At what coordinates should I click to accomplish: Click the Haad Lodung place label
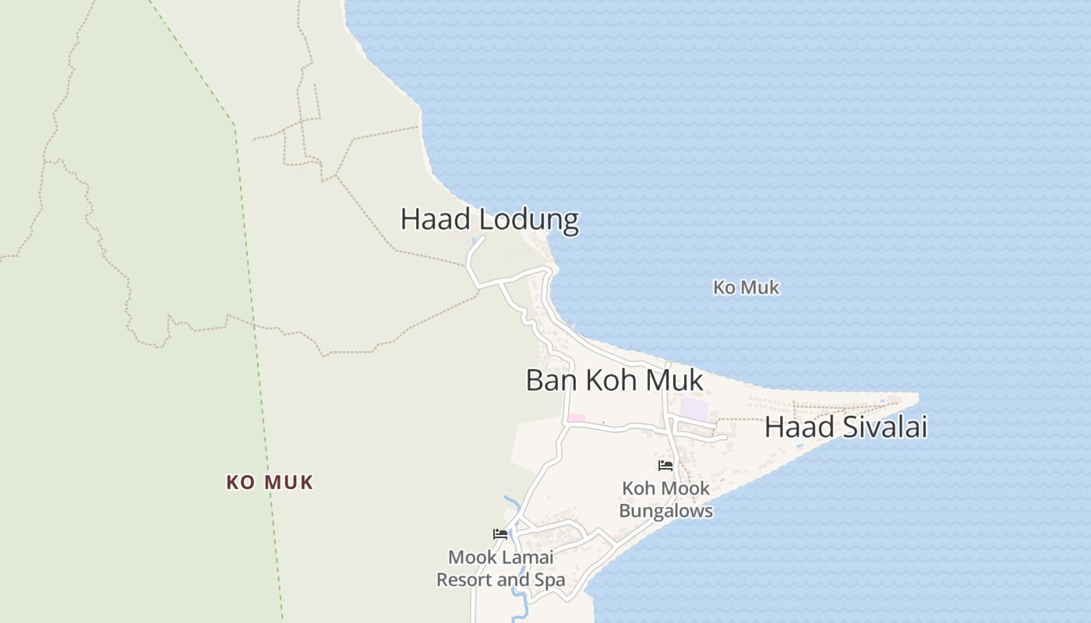click(x=489, y=220)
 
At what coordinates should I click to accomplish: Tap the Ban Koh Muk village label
click(x=614, y=381)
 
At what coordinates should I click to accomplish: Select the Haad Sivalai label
click(x=846, y=428)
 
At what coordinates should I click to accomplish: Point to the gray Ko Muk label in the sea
click(x=746, y=288)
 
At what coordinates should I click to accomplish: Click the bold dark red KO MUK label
click(x=270, y=483)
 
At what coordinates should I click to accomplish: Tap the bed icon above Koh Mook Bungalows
click(x=665, y=466)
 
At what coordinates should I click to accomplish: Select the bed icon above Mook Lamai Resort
click(x=500, y=534)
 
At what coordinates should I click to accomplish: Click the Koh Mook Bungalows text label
click(x=666, y=500)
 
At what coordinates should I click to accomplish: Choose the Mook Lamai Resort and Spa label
click(x=500, y=568)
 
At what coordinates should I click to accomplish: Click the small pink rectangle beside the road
click(x=576, y=418)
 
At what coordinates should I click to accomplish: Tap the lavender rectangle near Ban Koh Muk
click(x=696, y=409)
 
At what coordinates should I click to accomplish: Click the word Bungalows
click(x=666, y=512)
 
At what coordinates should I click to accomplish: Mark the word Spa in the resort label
click(x=550, y=580)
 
